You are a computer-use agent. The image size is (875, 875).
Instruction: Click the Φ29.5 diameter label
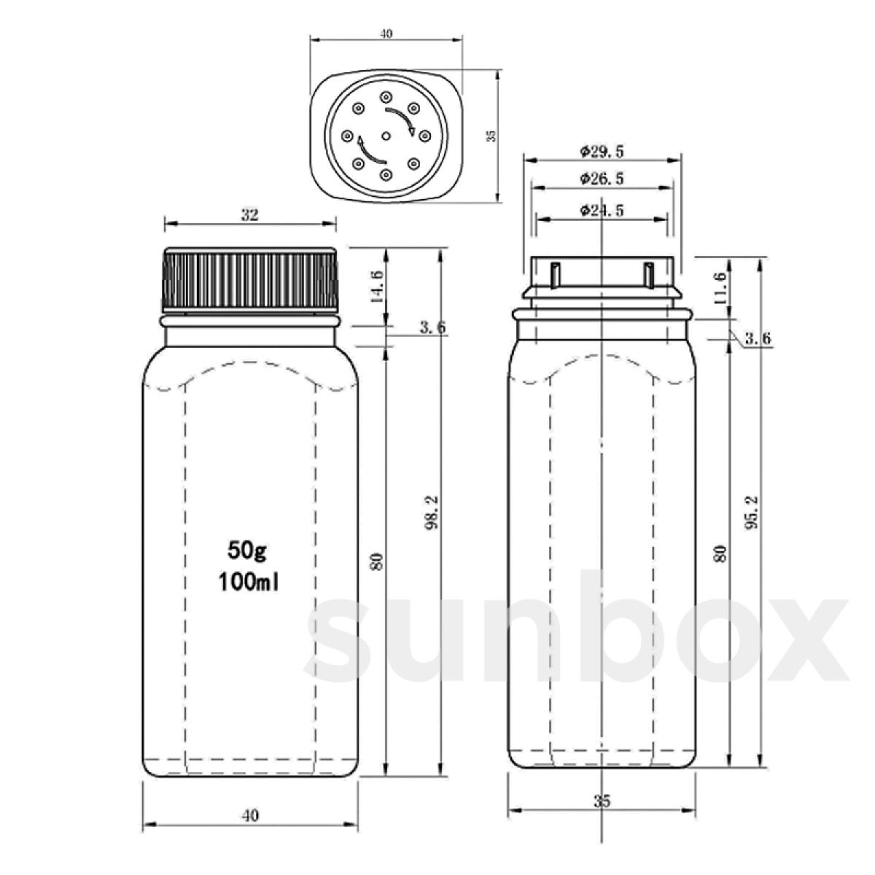point(602,152)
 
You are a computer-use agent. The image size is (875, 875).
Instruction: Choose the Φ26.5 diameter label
point(602,179)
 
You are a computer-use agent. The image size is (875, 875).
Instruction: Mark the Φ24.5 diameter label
point(602,211)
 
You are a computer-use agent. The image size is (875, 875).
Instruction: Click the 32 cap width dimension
point(249,214)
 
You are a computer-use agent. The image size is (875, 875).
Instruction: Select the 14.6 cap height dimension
point(376,287)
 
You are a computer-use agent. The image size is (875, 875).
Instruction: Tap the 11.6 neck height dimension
point(720,287)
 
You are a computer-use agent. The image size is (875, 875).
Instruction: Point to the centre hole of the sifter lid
point(386,136)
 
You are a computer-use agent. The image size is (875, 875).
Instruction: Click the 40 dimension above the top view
point(386,34)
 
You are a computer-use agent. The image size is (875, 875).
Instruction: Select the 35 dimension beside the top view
point(491,136)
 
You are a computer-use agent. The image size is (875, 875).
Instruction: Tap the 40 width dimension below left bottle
point(249,815)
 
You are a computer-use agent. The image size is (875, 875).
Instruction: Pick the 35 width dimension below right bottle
point(602,801)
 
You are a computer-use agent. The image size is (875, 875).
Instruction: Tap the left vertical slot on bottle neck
point(556,275)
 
